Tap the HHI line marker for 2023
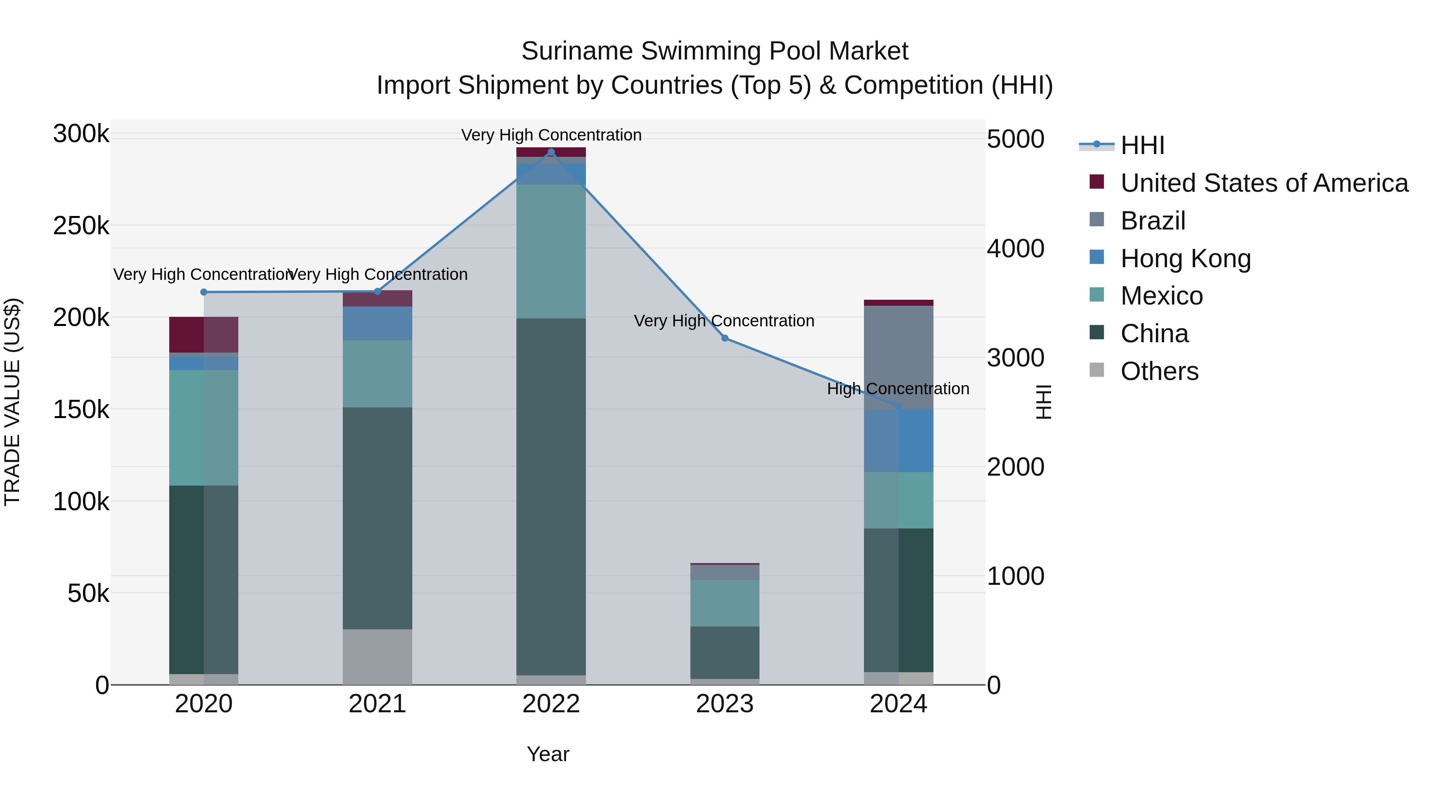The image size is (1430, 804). point(725,338)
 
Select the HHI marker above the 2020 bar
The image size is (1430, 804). point(204,292)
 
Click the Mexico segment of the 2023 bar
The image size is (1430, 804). point(725,603)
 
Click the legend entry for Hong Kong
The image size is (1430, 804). point(1185,258)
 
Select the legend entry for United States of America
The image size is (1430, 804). point(1264,183)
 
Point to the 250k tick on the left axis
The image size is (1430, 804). point(81,226)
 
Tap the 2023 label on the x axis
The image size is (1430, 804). point(725,704)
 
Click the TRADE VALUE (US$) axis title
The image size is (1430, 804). point(12,402)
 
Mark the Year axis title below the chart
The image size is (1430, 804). point(548,754)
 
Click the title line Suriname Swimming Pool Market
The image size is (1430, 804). point(715,51)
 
